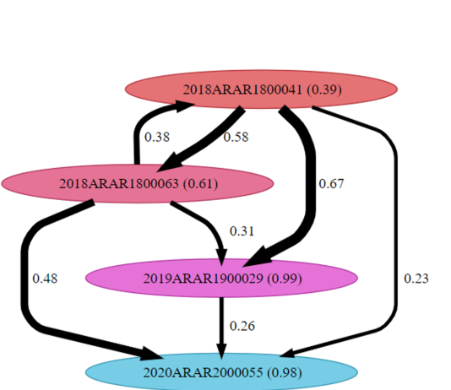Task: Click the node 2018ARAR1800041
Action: tap(261, 89)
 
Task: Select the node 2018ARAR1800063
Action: tap(138, 183)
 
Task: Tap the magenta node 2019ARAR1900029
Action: tap(221, 278)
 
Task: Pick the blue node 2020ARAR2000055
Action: tap(221, 372)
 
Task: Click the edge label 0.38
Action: tap(157, 137)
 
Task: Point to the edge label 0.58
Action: tap(236, 137)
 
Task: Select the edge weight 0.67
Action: tap(331, 184)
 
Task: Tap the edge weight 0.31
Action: tap(242, 231)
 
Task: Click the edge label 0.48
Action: tap(45, 279)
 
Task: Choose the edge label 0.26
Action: tap(242, 326)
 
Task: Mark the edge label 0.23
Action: tap(416, 279)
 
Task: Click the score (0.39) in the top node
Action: tap(324, 89)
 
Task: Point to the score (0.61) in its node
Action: tap(200, 184)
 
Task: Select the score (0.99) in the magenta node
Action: tap(285, 279)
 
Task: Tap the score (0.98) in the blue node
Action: tap(285, 372)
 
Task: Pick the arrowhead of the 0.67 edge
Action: tap(258, 257)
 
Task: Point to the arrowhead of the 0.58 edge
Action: tap(171, 163)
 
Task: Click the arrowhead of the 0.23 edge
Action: tap(290, 353)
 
